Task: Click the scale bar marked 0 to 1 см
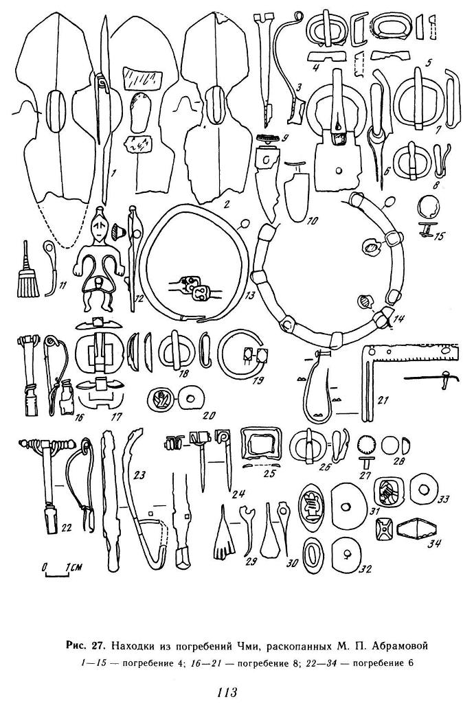[57, 570]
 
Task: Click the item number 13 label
[249, 295]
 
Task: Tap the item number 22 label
[67, 529]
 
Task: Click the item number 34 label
[435, 544]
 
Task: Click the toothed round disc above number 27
[368, 446]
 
